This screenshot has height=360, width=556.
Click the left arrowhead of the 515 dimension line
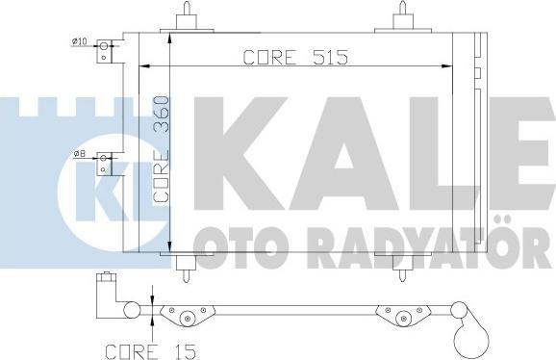pyautogui.click(x=146, y=66)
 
